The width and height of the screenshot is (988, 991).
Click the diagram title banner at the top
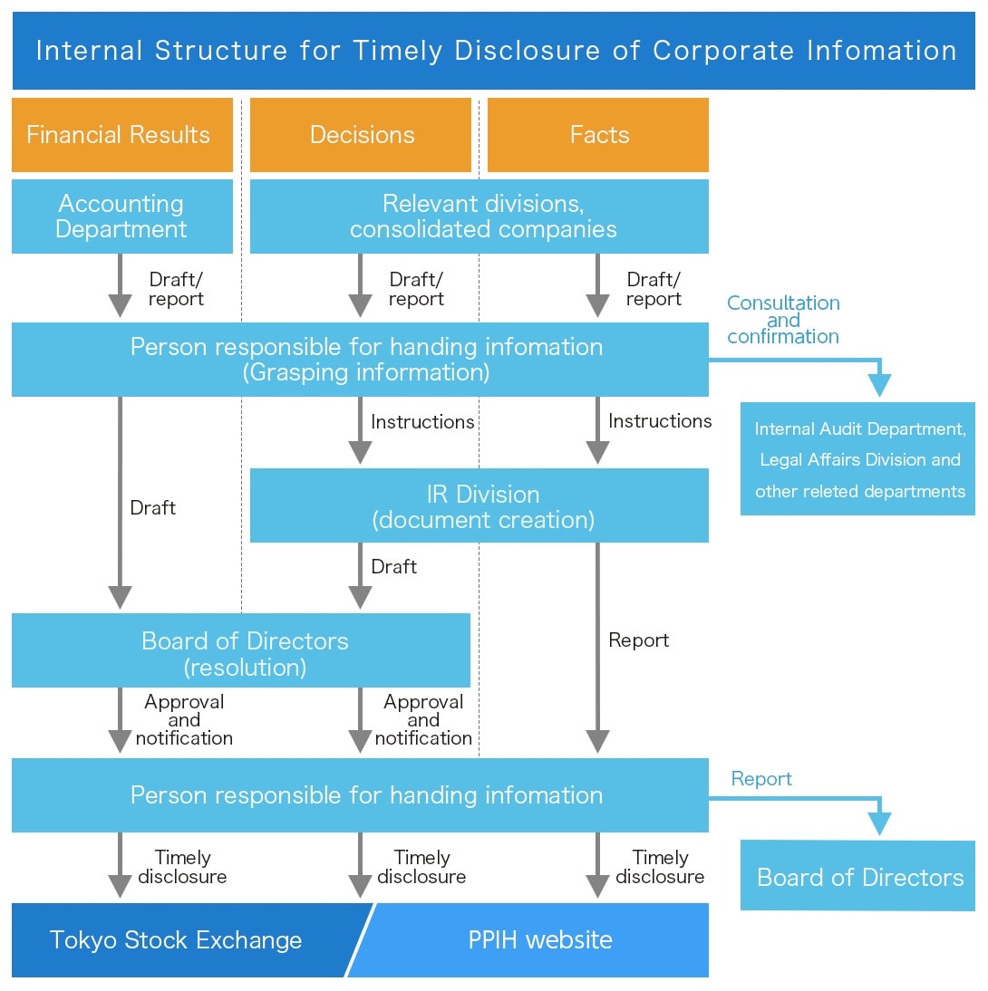(x=494, y=51)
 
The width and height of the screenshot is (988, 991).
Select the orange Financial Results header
(x=121, y=135)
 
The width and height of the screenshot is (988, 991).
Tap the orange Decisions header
(x=361, y=135)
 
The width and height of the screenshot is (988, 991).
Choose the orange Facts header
(x=598, y=135)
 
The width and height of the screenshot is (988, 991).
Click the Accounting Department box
(x=121, y=216)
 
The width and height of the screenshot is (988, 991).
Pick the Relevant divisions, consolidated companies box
(x=479, y=216)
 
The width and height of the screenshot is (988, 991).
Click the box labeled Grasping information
(x=360, y=360)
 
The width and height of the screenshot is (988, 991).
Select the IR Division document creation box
(x=479, y=505)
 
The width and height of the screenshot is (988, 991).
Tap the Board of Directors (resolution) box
(x=241, y=650)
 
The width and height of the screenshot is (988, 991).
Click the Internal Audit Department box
(x=857, y=459)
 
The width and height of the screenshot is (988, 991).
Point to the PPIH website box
(x=540, y=940)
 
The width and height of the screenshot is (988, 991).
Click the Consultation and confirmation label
(x=783, y=320)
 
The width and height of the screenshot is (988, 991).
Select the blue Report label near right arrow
(x=761, y=779)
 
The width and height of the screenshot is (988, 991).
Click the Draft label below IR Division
(x=394, y=567)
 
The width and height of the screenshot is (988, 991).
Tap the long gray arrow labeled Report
(x=597, y=648)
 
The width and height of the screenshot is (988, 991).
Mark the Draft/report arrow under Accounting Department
(x=120, y=285)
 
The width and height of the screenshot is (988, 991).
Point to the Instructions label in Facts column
(x=660, y=421)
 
